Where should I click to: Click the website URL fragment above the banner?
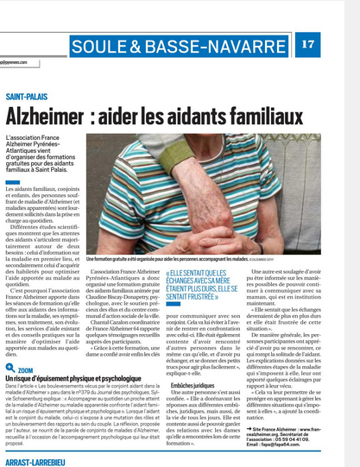(16, 61)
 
